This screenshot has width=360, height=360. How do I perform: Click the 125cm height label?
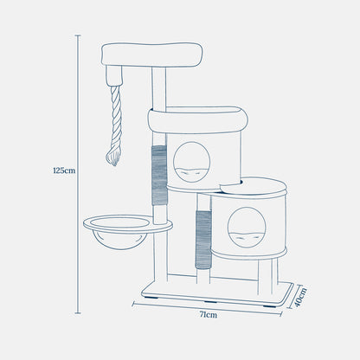click(64, 170)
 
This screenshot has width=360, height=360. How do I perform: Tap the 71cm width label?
click(209, 315)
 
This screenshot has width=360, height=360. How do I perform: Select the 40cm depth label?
click(299, 298)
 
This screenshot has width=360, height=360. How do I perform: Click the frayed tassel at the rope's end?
click(113, 156)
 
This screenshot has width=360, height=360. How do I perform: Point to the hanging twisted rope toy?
click(114, 125)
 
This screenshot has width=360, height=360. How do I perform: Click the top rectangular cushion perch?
click(151, 55)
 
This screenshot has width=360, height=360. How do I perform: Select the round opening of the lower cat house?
click(247, 228)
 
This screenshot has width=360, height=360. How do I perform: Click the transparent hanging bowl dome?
click(119, 241)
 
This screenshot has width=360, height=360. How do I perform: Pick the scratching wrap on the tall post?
click(159, 175)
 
